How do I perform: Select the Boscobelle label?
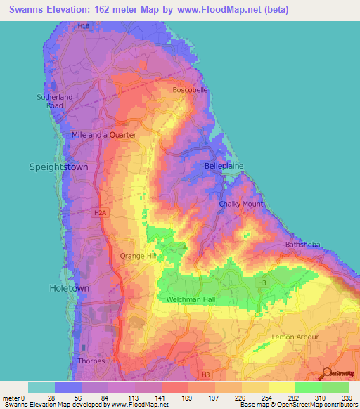point(191,90)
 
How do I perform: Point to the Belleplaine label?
point(224,165)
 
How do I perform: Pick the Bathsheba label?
point(303,244)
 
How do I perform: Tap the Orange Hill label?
point(138,256)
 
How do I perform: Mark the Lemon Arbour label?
point(295,337)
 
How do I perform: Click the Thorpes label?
point(91,361)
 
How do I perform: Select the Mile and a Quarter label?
point(103,134)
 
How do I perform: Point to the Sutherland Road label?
point(50,101)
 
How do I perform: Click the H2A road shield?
point(101,211)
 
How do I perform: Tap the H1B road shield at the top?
point(84,26)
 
